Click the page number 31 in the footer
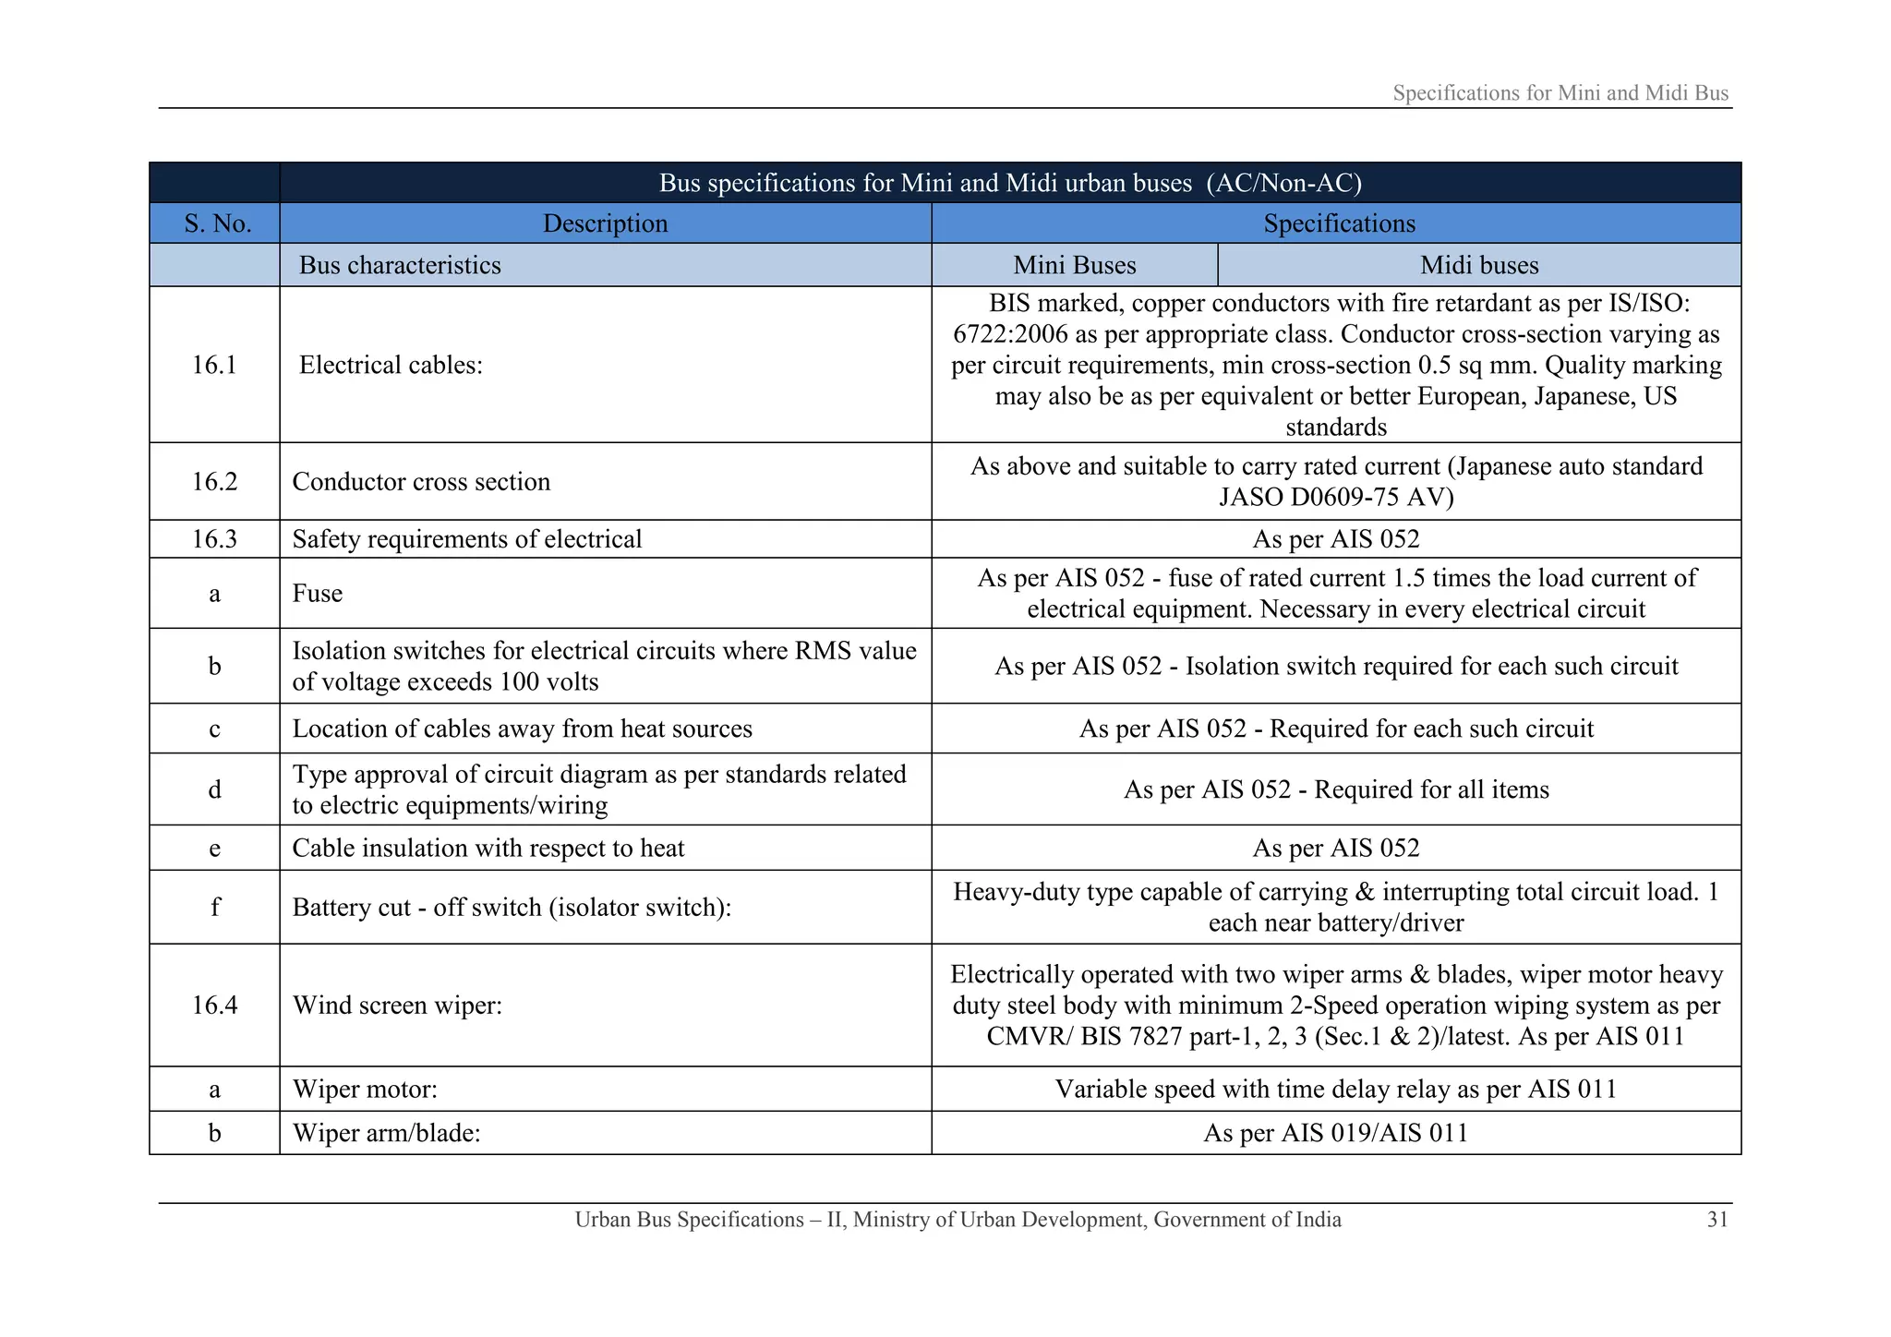click(x=1716, y=1220)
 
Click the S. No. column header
click(x=217, y=223)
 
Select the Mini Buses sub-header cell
click(x=1074, y=265)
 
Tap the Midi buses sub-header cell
click(x=1478, y=265)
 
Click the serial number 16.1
click(x=214, y=365)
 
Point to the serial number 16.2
click(x=214, y=481)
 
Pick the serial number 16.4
click(x=214, y=1005)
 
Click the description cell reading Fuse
click(x=318, y=593)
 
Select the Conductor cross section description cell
click(x=421, y=481)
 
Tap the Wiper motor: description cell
click(x=365, y=1089)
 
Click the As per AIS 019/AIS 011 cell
click(x=1335, y=1133)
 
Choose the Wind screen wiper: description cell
click(x=397, y=1005)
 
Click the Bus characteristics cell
click(x=400, y=265)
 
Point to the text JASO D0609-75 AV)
click(x=1335, y=497)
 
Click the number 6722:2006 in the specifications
click(x=1011, y=334)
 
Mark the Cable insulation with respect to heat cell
click(x=488, y=848)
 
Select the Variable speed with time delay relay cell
click(x=1335, y=1089)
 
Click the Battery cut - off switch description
click(x=512, y=907)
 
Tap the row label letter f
click(x=214, y=907)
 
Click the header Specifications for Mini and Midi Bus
click(x=1560, y=93)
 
